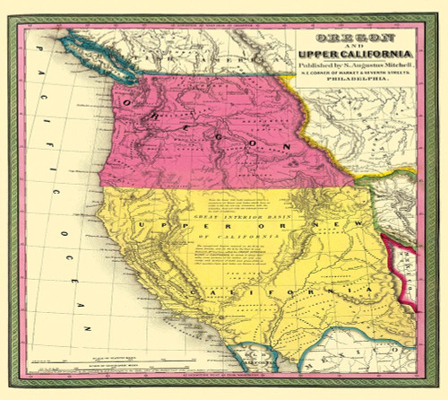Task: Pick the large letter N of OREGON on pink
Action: click(284, 145)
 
